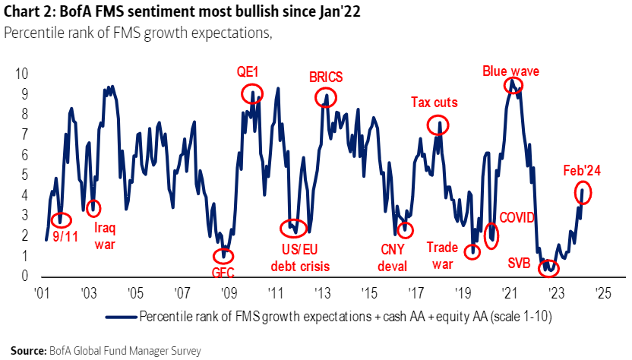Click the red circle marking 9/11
point(63,219)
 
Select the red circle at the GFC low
point(224,256)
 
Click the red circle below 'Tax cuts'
point(438,125)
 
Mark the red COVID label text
point(516,218)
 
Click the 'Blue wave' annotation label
point(510,71)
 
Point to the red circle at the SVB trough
point(548,267)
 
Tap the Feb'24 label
point(582,171)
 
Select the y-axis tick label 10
point(22,74)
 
